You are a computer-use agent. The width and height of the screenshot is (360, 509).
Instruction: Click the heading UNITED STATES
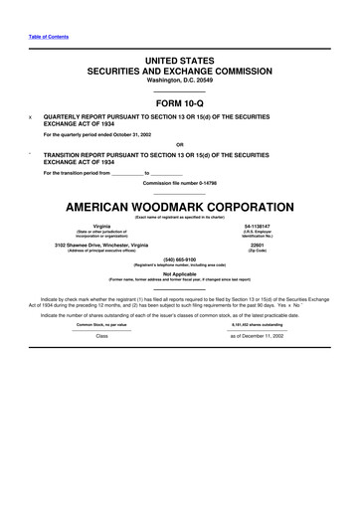pyautogui.click(x=179, y=61)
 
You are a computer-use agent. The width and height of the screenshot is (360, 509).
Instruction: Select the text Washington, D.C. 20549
pyautogui.click(x=179, y=80)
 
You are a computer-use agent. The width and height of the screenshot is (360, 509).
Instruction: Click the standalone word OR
pyautogui.click(x=179, y=144)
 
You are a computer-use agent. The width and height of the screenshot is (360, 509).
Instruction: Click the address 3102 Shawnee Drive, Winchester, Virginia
pyautogui.click(x=109, y=245)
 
